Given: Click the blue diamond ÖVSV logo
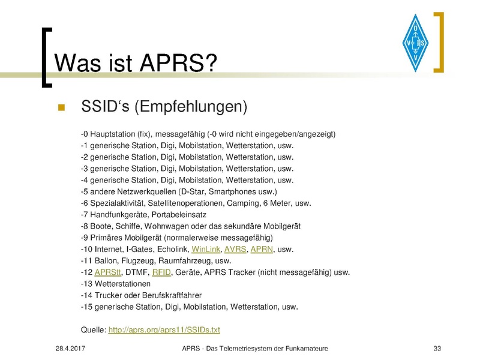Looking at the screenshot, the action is pyautogui.click(x=415, y=43).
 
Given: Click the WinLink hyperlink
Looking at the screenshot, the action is pyautogui.click(x=206, y=249).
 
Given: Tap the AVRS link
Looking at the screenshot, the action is pyautogui.click(x=235, y=249).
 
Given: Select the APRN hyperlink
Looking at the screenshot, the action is pyautogui.click(x=262, y=249).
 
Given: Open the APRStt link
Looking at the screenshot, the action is pyautogui.click(x=108, y=272).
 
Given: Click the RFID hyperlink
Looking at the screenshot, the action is pyautogui.click(x=161, y=272).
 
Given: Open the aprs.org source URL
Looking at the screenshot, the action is pyautogui.click(x=164, y=329).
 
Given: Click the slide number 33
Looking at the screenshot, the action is pyautogui.click(x=437, y=349).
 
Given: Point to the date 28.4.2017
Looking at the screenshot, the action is pyautogui.click(x=70, y=349).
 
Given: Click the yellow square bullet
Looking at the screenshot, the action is pyautogui.click(x=62, y=107).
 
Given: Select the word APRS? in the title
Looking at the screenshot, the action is pyautogui.click(x=178, y=63).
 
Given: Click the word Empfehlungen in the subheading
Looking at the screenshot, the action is pyautogui.click(x=191, y=107).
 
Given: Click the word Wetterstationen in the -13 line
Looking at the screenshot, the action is pyautogui.click(x=122, y=284).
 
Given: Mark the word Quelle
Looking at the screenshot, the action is pyautogui.click(x=94, y=329).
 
